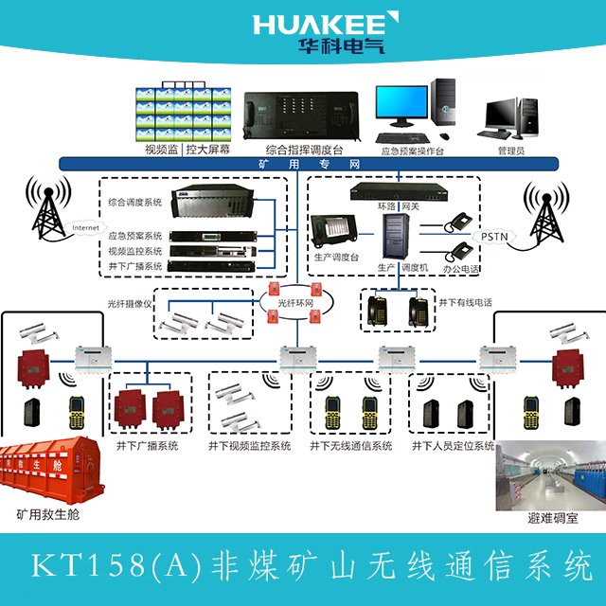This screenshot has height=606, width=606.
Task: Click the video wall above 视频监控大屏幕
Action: (x=185, y=112)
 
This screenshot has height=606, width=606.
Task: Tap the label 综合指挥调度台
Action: (x=303, y=150)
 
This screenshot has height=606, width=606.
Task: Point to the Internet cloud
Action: (x=86, y=228)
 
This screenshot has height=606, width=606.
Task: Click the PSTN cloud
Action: (x=494, y=236)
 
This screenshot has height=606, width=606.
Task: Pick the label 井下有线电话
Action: (x=465, y=303)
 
